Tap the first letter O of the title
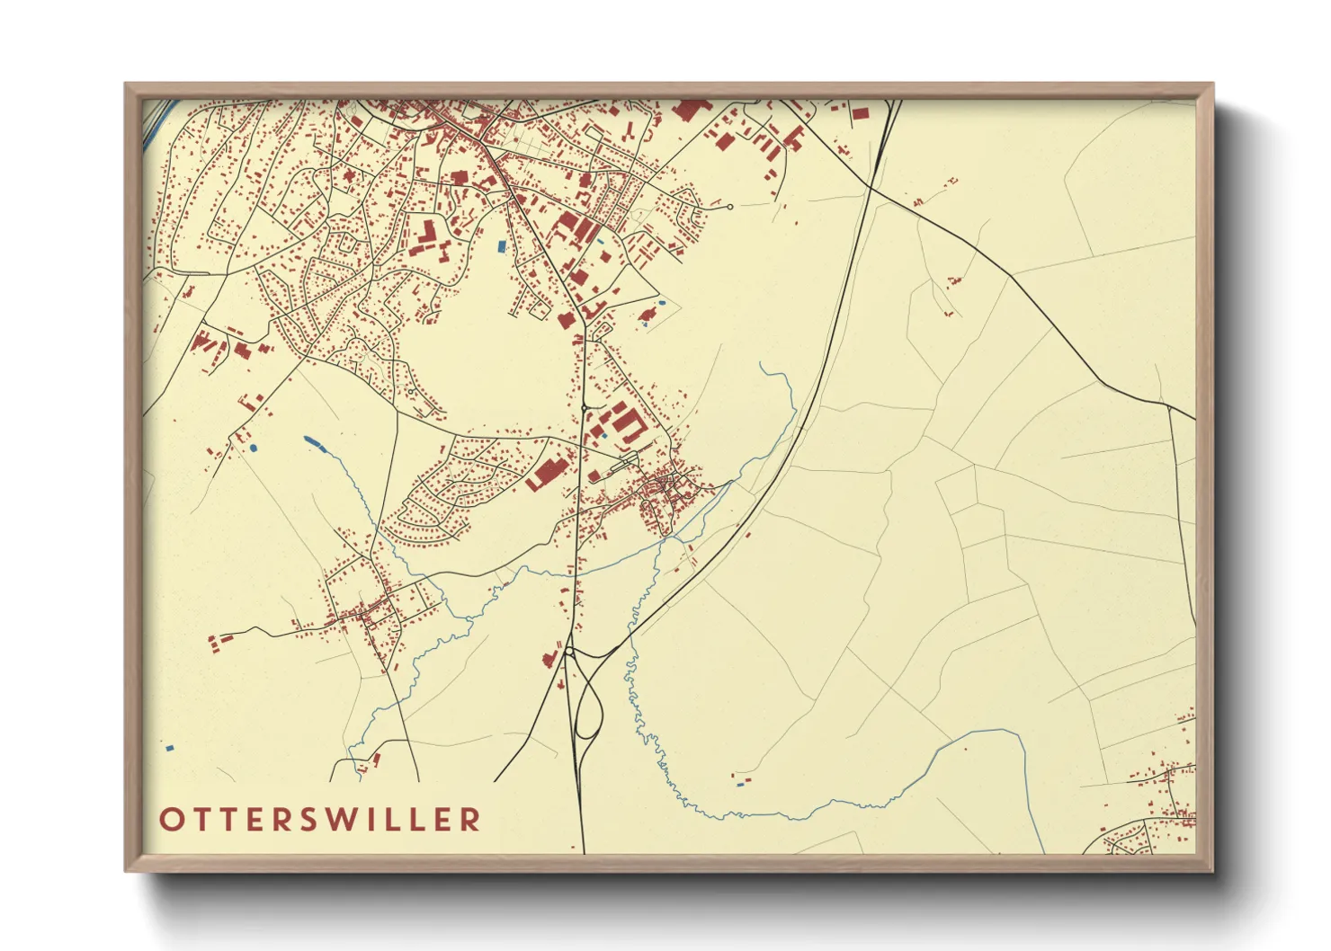pos(171,819)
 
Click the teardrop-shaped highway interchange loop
pos(588,710)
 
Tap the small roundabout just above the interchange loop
pos(569,650)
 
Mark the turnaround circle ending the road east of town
pos(730,207)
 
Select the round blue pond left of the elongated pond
pos(254,447)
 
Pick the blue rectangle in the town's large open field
pos(502,244)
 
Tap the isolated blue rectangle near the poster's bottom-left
pos(169,747)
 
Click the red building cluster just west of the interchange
pos(548,660)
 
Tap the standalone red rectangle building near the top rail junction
pos(860,114)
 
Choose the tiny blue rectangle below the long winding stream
pos(740,784)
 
